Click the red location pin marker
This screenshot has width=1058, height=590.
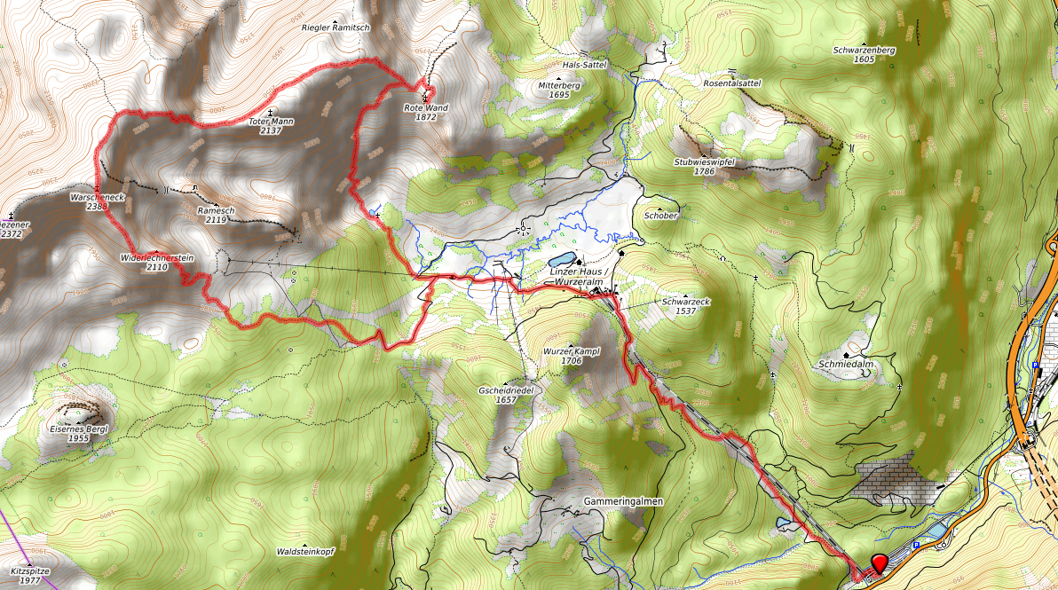tap(880, 563)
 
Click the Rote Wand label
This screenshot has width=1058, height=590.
tap(426, 112)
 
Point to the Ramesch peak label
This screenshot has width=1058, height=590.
tap(216, 215)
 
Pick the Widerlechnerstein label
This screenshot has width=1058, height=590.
tap(157, 262)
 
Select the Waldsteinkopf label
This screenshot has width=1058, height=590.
tap(304, 551)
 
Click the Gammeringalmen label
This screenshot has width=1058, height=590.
tap(624, 501)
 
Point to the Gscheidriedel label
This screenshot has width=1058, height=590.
tap(505, 395)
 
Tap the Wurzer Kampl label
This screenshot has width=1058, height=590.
tap(572, 356)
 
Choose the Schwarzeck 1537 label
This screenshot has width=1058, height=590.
tap(685, 306)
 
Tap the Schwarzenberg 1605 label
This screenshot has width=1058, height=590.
tap(865, 54)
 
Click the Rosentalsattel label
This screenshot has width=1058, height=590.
tap(731, 83)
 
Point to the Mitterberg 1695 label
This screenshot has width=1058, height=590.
tap(559, 90)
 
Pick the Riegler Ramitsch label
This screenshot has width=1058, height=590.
tap(335, 28)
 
